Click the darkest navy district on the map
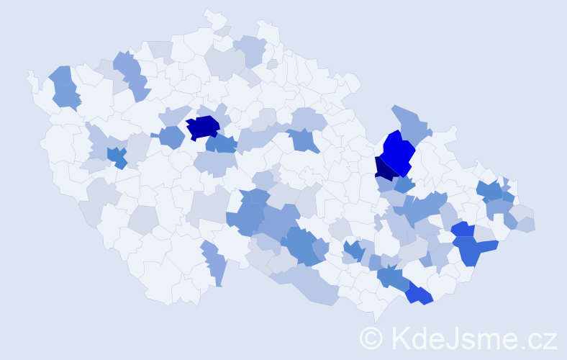tap(384, 168)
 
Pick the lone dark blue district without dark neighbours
tap(203, 127)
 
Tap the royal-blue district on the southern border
tap(419, 294)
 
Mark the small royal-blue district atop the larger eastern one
tap(463, 230)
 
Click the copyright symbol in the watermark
tap(371, 337)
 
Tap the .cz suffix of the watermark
tap(539, 337)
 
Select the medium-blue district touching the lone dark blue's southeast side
tap(222, 143)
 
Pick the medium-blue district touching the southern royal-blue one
tap(392, 277)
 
